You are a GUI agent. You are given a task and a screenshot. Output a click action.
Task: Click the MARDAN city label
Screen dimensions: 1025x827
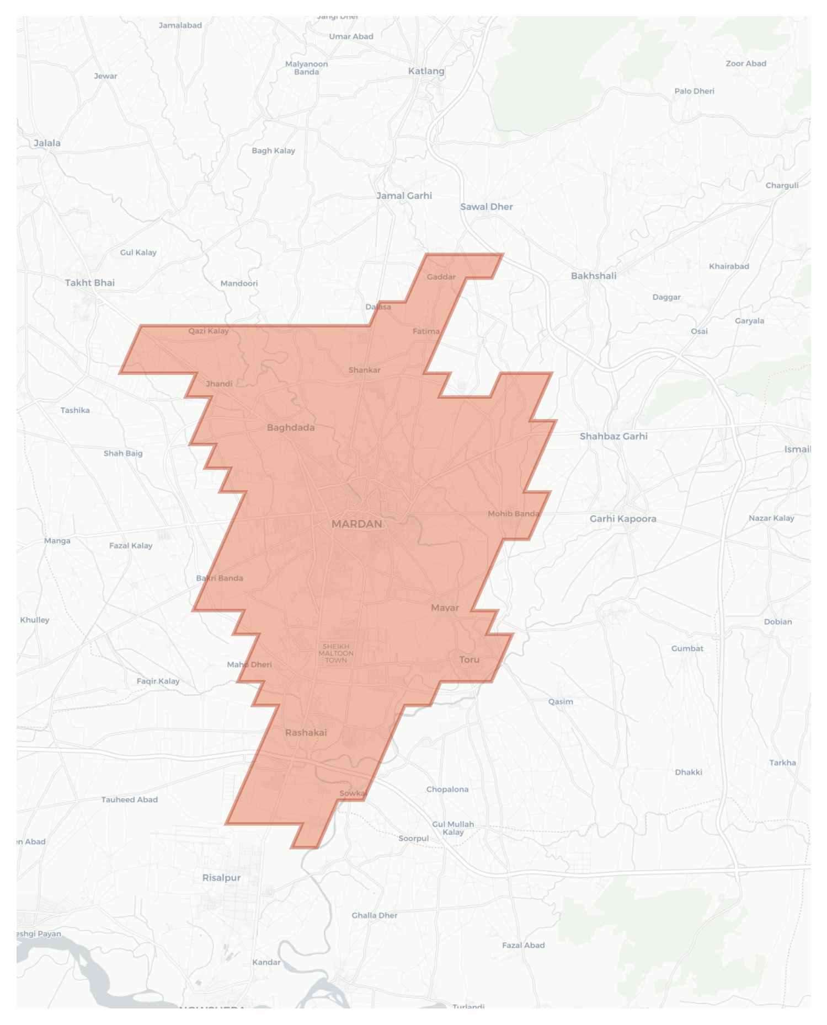click(356, 524)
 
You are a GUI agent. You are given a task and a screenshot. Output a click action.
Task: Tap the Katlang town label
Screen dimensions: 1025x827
click(426, 71)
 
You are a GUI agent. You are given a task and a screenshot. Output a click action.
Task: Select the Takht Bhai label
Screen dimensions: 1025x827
click(90, 283)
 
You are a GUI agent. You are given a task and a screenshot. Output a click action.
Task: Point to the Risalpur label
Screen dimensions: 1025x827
click(221, 878)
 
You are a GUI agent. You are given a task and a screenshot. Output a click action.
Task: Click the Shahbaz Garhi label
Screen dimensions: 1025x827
click(613, 436)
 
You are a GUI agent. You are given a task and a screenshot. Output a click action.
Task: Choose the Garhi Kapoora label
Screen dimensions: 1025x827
click(623, 519)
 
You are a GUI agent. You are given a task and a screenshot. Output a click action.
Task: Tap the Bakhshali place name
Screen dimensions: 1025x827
click(594, 276)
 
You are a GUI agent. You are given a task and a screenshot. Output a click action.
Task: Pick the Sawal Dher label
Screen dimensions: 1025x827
click(486, 207)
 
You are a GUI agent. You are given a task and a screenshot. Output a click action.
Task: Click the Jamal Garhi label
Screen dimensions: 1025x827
click(404, 196)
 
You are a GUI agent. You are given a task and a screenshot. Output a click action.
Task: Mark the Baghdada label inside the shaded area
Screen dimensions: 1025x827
click(291, 427)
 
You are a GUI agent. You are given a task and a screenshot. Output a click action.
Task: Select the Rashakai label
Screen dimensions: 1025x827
click(306, 733)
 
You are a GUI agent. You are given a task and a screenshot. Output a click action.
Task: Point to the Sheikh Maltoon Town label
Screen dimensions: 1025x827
click(336, 653)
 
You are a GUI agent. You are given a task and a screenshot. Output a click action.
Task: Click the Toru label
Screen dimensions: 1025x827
click(469, 659)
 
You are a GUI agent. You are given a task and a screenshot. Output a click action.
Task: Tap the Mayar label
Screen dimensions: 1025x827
click(445, 608)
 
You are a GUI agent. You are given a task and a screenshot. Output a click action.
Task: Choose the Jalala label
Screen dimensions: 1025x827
click(47, 143)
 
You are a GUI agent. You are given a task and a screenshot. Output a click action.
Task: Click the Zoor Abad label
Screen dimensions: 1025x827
click(746, 63)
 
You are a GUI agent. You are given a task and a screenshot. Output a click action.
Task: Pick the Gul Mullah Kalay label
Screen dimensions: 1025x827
click(453, 828)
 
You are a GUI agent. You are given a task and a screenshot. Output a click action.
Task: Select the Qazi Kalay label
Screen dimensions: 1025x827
click(209, 331)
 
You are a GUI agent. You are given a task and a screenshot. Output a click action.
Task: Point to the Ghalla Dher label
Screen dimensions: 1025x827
click(375, 915)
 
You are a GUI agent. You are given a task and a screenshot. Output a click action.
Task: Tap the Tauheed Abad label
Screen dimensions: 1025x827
click(129, 799)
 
